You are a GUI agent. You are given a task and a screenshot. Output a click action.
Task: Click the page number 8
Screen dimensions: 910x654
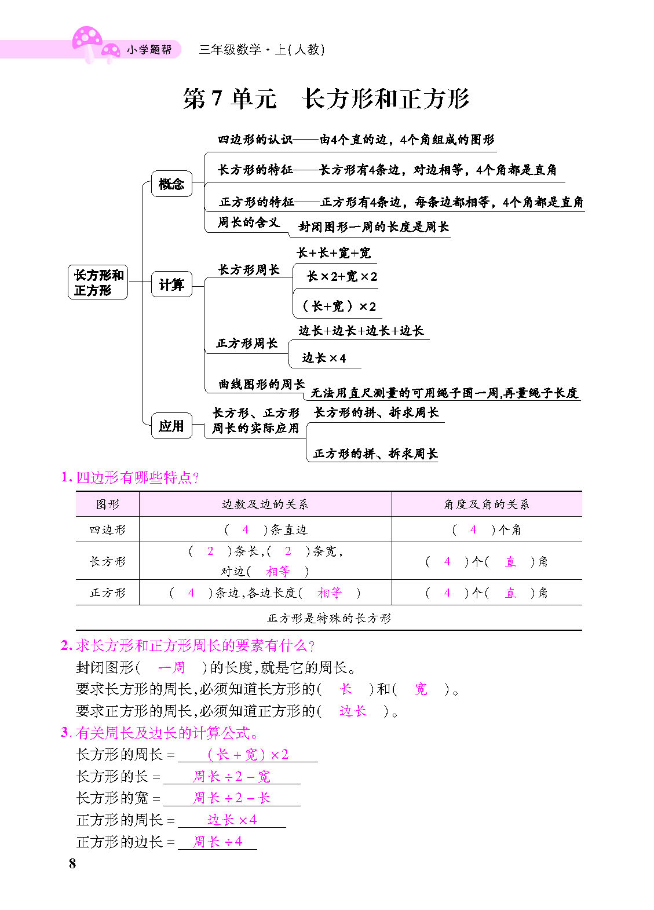[x=72, y=864]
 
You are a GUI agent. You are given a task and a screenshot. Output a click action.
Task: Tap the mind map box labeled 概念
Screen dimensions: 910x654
[x=171, y=184]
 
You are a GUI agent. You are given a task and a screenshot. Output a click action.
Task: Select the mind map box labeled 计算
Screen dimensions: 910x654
[x=171, y=284]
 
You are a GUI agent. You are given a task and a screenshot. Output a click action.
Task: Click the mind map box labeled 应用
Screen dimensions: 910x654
[x=171, y=426]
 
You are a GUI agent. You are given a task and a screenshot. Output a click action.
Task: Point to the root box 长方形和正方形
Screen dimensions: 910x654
[x=98, y=283]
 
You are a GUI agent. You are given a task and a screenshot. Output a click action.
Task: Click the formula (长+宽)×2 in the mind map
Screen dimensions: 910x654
[x=339, y=306]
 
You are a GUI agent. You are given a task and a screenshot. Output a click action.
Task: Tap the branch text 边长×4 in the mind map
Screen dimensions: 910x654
[x=324, y=358]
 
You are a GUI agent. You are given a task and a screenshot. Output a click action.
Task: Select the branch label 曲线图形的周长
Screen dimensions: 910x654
[x=261, y=384]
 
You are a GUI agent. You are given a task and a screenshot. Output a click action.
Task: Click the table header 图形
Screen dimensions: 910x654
[x=107, y=505]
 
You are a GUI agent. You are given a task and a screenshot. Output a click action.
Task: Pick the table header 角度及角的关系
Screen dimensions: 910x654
[x=487, y=505]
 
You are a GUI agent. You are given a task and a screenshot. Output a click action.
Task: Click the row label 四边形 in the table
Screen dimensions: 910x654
[x=107, y=530]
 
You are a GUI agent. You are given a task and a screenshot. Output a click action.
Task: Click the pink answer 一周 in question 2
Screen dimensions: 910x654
[x=171, y=668]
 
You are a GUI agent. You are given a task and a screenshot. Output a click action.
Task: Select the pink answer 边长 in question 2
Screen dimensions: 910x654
[x=353, y=711]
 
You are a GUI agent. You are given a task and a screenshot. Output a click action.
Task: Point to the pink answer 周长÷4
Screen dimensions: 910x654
[x=217, y=842]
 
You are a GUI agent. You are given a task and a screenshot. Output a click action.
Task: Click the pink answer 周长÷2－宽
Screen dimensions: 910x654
[x=231, y=776]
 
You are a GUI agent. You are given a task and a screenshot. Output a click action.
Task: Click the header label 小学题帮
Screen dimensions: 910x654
[x=149, y=50]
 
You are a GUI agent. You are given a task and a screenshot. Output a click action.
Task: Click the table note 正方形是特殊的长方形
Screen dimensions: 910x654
[x=328, y=619]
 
